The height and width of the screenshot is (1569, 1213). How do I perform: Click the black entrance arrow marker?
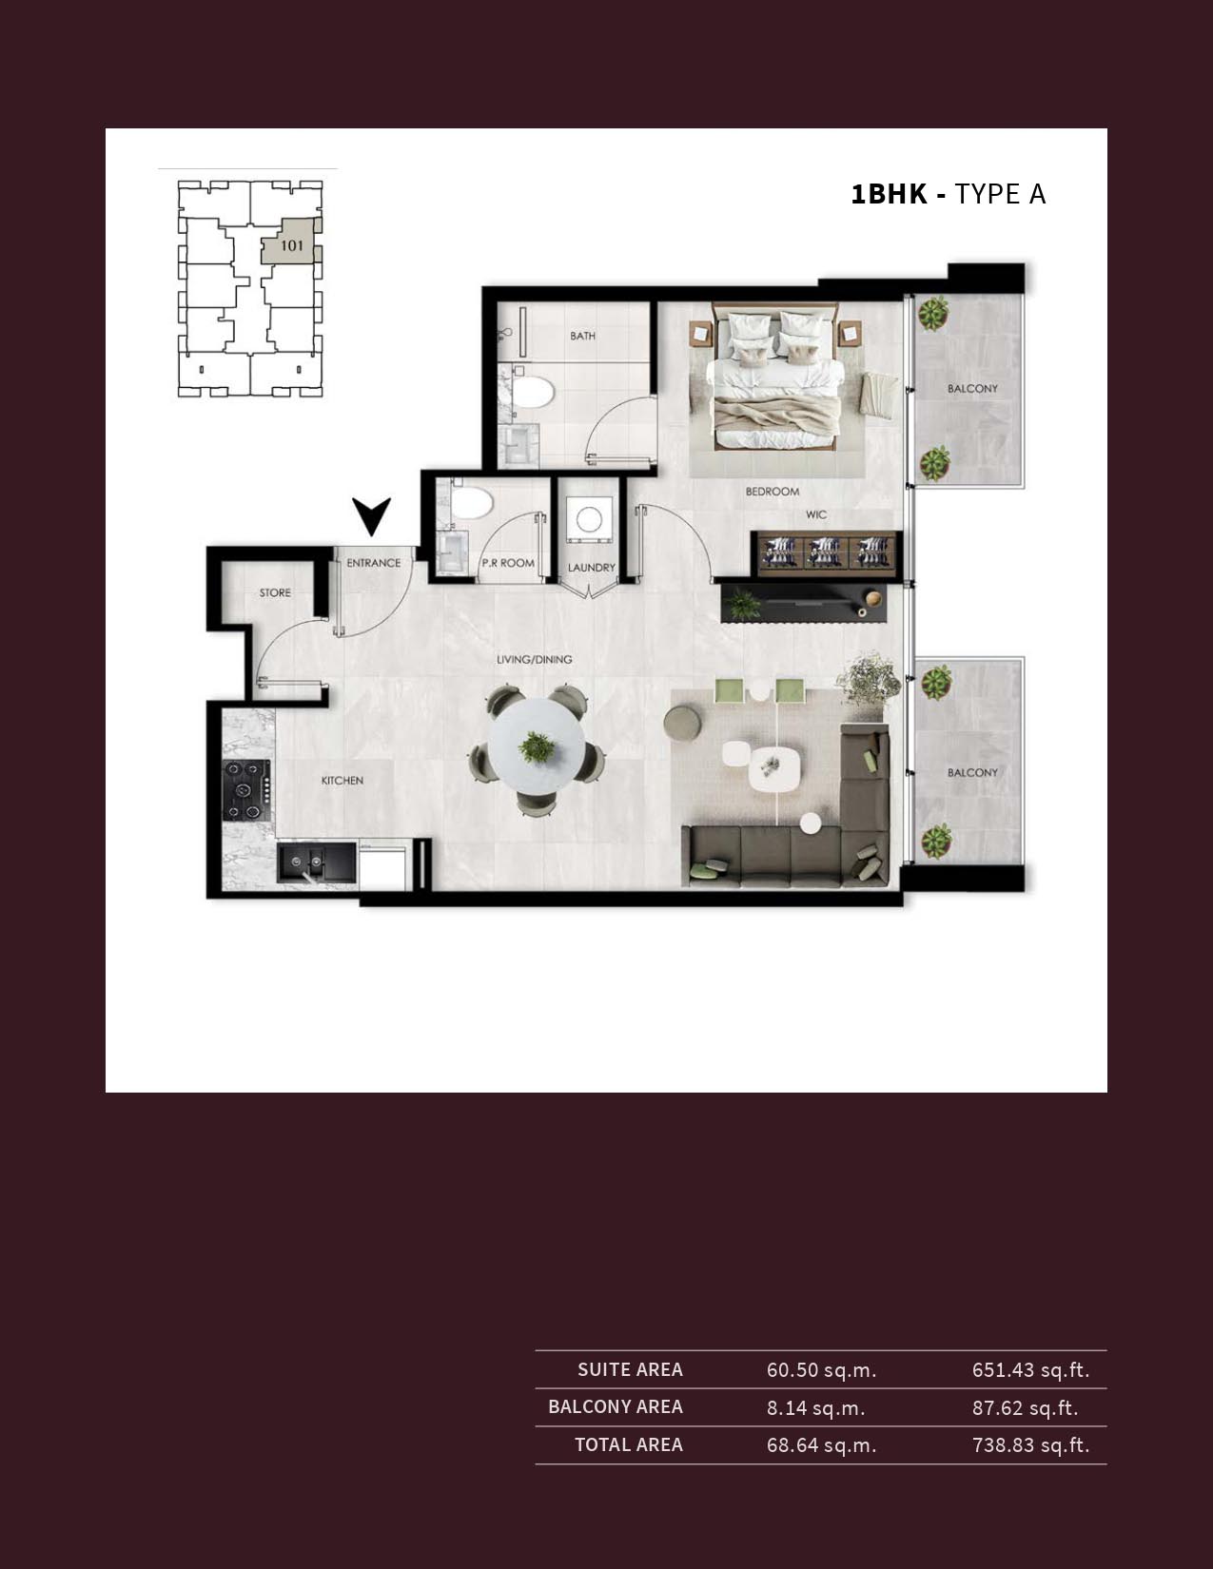(371, 515)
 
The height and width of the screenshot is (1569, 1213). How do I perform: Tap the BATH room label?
(583, 336)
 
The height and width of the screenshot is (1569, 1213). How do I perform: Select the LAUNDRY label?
(592, 568)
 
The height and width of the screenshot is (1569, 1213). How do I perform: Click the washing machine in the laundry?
(589, 519)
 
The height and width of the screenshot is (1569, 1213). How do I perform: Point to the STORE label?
(275, 592)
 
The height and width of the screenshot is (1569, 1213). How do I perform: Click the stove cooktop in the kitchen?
(246, 789)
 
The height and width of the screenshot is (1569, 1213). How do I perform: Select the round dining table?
(538, 746)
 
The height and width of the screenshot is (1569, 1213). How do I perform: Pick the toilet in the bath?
(533, 393)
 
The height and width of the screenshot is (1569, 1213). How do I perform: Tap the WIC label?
(816, 514)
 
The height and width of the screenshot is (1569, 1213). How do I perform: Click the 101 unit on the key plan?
(292, 245)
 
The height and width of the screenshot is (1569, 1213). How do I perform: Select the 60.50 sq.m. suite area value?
(821, 1370)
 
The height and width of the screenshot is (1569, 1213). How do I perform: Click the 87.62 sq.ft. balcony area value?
(1025, 1407)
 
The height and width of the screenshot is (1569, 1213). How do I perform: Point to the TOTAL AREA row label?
(629, 1444)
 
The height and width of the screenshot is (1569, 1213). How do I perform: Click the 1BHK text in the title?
(889, 194)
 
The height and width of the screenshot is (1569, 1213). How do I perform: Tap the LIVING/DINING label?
(535, 659)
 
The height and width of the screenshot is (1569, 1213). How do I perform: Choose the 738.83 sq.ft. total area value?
(1030, 1445)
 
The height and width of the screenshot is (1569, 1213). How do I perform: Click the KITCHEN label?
(342, 781)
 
